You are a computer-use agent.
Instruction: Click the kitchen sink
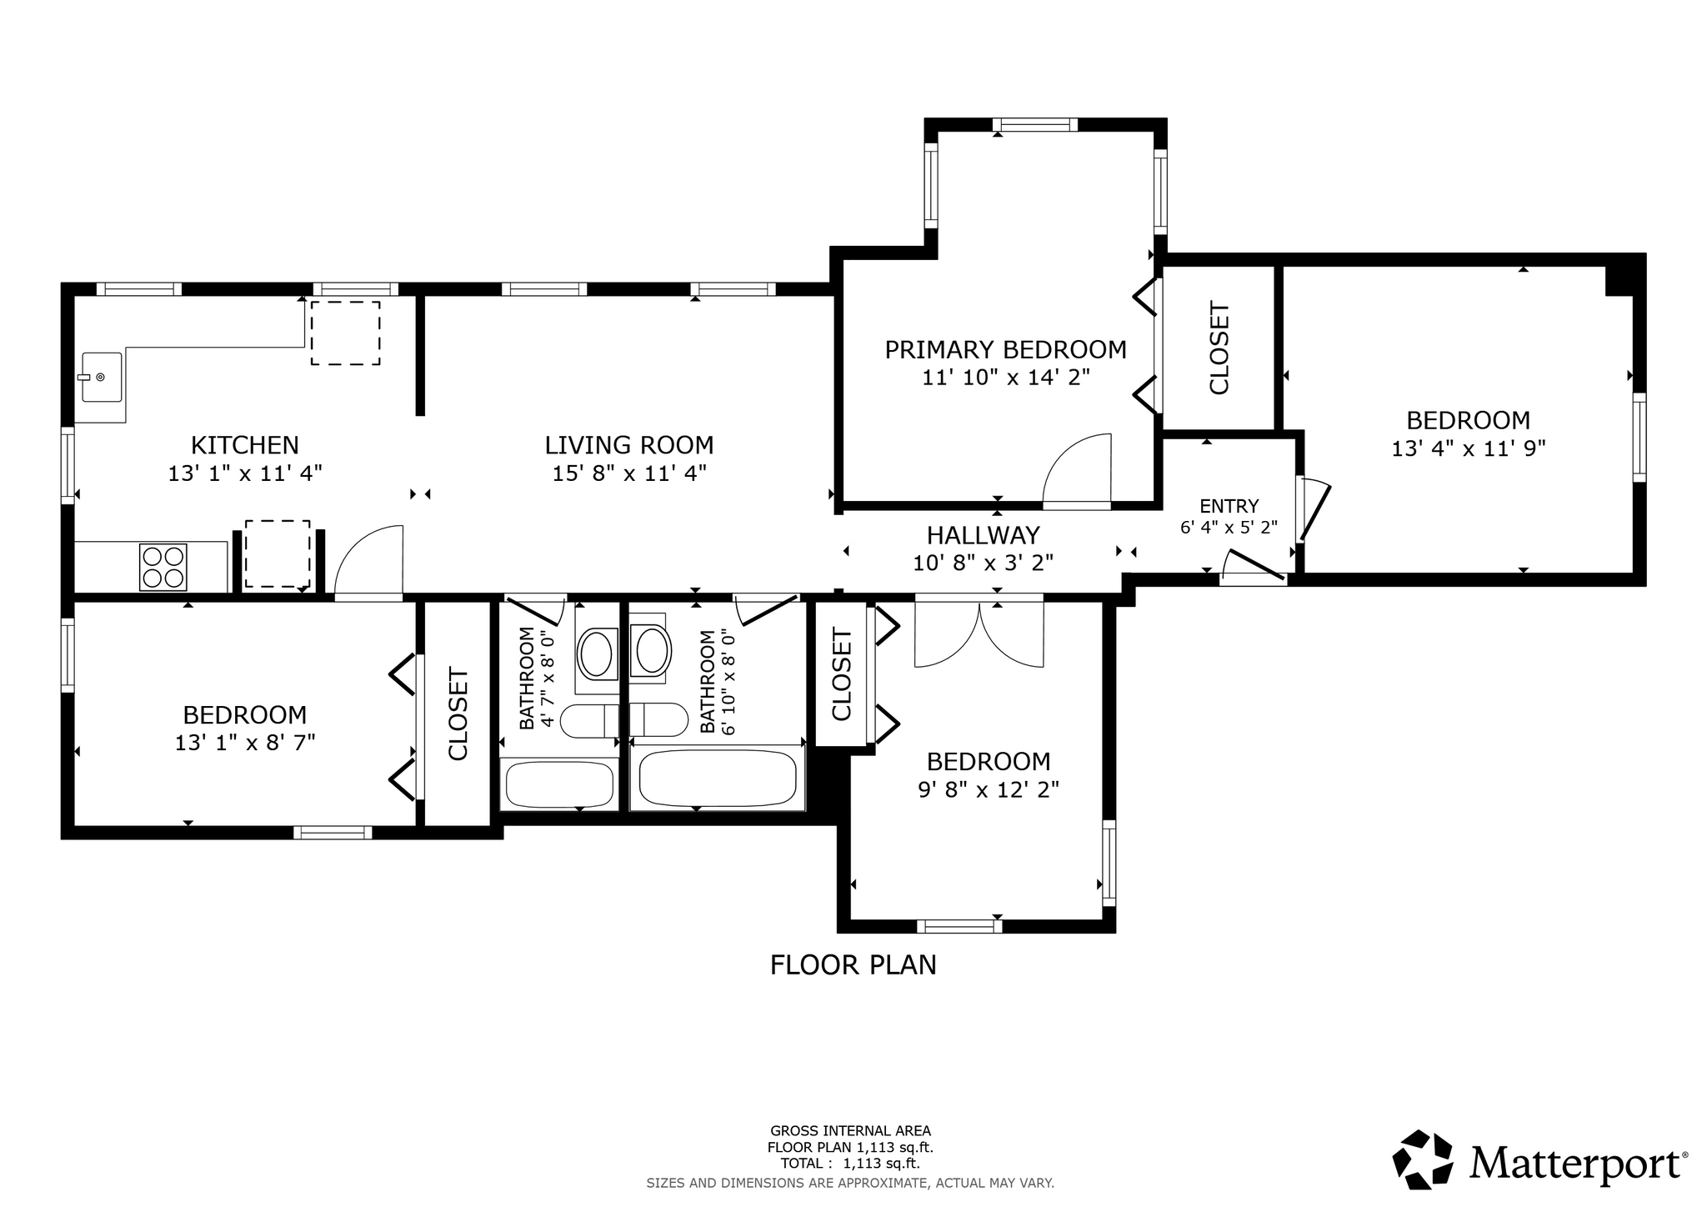103,377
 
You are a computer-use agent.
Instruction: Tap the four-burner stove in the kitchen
163,567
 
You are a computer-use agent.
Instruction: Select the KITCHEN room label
245,445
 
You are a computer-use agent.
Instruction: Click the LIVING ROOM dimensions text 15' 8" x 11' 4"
629,473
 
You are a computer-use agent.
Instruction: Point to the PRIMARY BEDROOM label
1005,350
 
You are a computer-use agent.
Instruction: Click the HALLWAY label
984,535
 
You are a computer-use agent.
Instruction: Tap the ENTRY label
1229,506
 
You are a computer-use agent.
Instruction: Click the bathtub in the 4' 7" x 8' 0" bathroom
559,784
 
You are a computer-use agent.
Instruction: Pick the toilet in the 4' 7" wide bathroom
589,721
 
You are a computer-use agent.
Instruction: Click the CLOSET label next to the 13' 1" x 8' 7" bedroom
459,714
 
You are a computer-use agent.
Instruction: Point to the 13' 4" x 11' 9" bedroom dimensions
1469,448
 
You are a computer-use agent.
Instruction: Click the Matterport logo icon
1423,1159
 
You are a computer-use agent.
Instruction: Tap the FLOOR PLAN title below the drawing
853,965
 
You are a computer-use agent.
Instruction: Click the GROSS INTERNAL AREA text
851,1131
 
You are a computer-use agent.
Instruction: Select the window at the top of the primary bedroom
1035,125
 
